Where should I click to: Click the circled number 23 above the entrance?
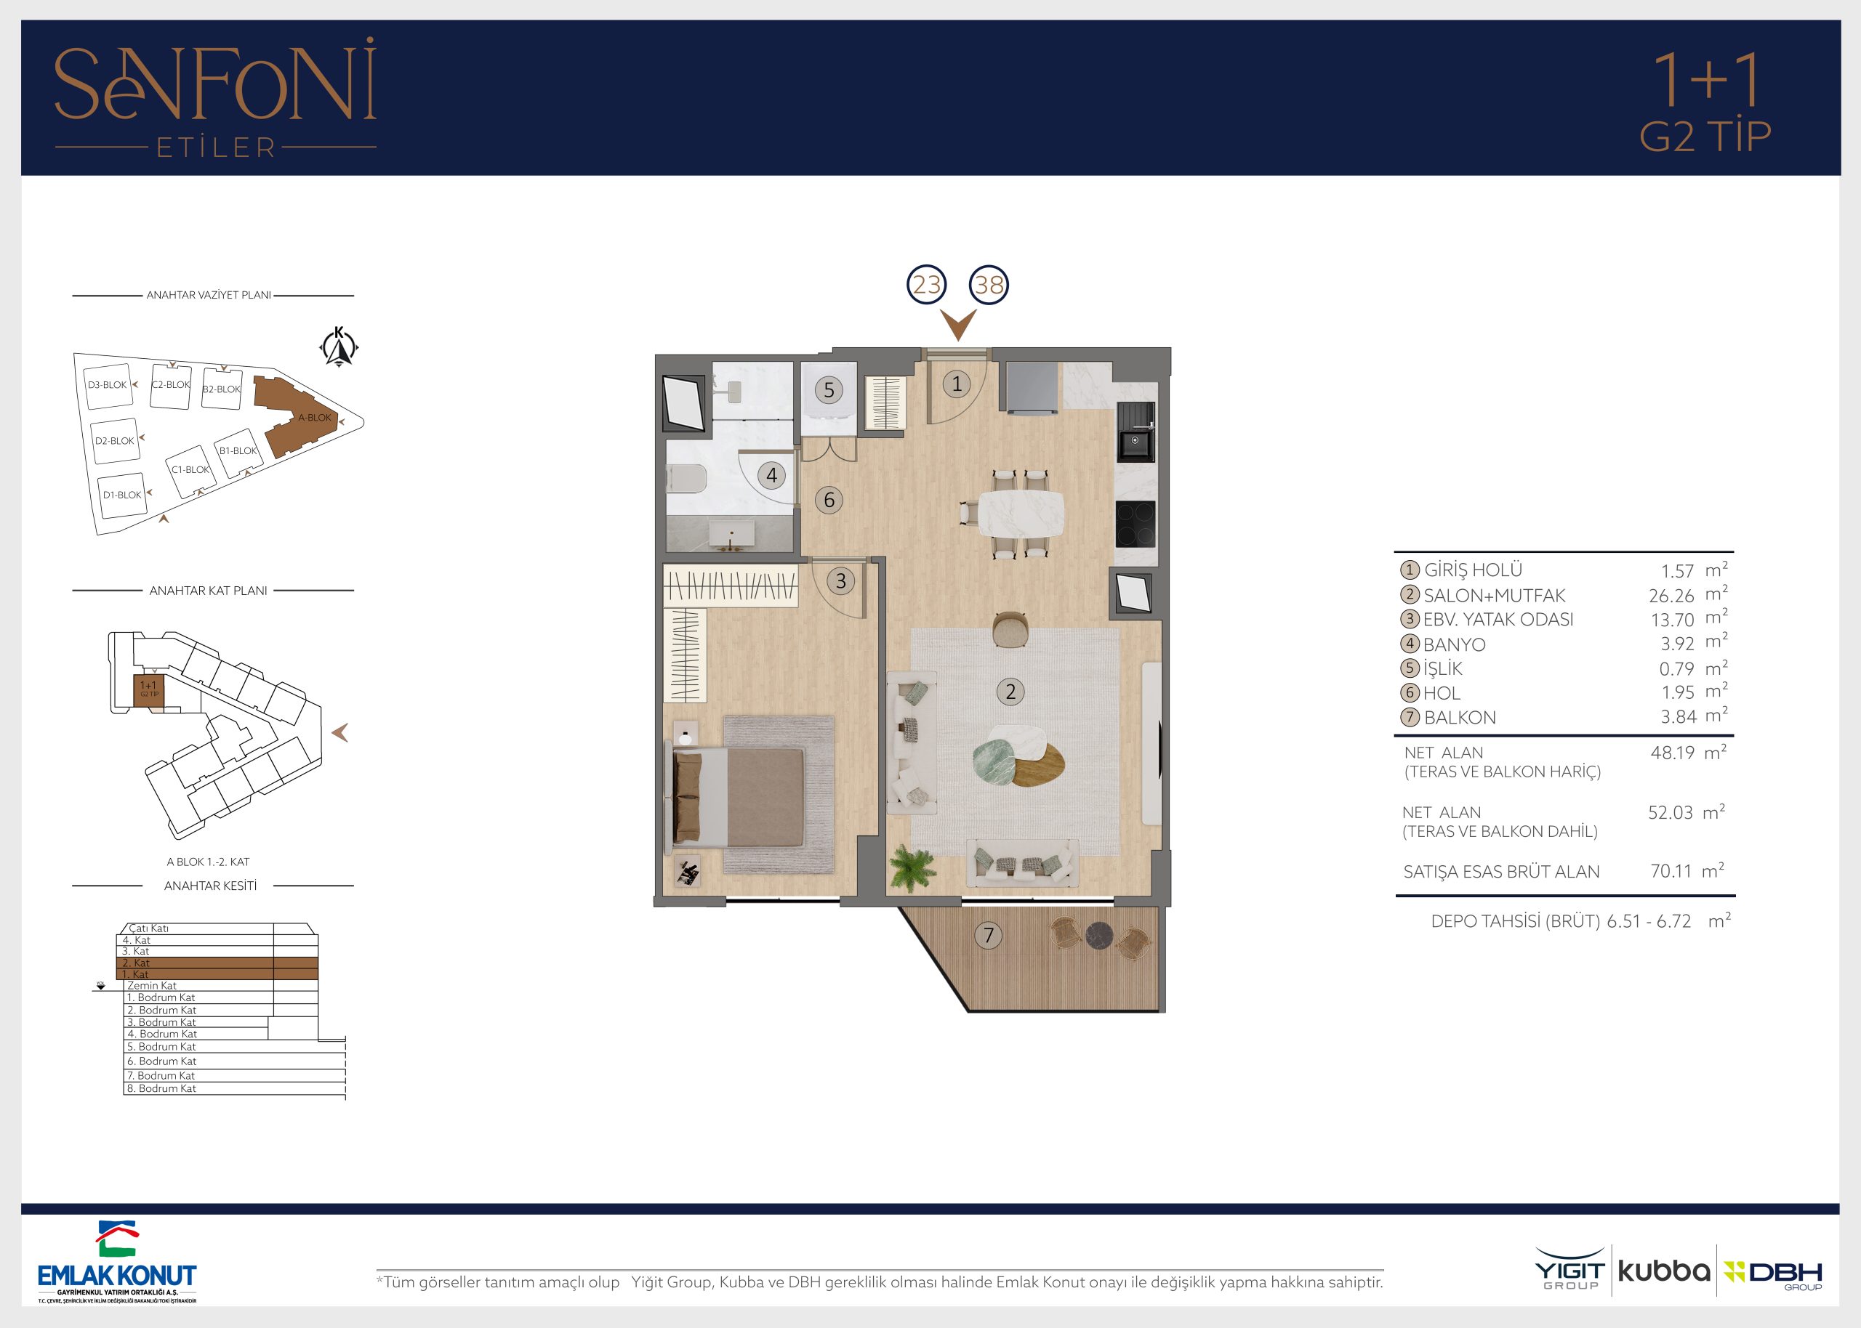[x=927, y=285]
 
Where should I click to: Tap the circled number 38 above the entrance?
[x=989, y=285]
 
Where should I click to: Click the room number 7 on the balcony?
[x=988, y=935]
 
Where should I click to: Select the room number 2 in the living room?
[x=1011, y=692]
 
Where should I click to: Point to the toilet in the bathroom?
[x=686, y=478]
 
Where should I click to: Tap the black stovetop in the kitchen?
[x=1136, y=523]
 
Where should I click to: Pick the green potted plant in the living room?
[x=913, y=867]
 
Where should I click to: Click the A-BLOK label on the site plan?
[x=315, y=418]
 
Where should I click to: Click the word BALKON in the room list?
[x=1460, y=717]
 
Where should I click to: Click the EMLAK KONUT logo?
[x=118, y=1262]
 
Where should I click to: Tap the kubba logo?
[x=1664, y=1271]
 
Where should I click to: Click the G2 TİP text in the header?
[x=1705, y=137]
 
